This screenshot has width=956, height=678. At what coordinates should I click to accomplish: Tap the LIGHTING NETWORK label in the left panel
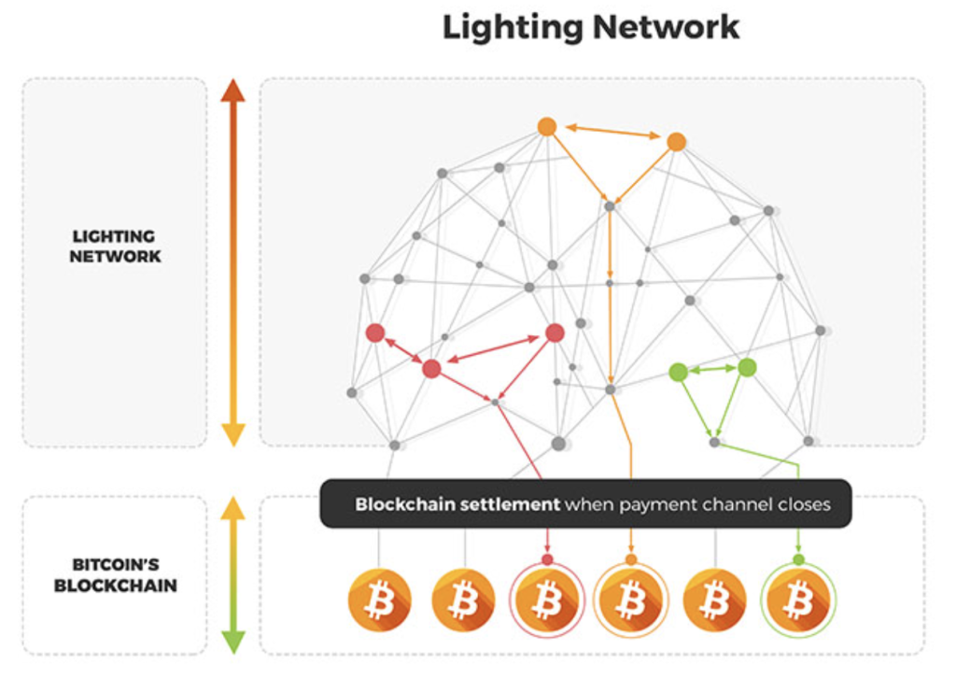115,247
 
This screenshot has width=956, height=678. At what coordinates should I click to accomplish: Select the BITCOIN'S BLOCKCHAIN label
115,575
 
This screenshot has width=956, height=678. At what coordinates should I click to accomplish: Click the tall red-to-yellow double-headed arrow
233,262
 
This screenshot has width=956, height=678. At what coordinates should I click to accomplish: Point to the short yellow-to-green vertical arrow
233,575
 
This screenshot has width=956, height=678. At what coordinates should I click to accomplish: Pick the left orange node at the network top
547,127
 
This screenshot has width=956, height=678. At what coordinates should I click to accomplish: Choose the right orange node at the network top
677,142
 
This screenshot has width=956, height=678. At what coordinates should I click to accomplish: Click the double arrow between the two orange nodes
612,133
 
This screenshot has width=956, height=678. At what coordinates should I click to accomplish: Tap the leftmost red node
375,333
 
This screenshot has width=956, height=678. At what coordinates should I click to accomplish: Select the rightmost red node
555,333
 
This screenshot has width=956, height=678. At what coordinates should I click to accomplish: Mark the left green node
679,372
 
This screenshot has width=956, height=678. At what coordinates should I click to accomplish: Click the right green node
747,367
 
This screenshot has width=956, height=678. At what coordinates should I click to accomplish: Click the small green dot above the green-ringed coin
798,559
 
